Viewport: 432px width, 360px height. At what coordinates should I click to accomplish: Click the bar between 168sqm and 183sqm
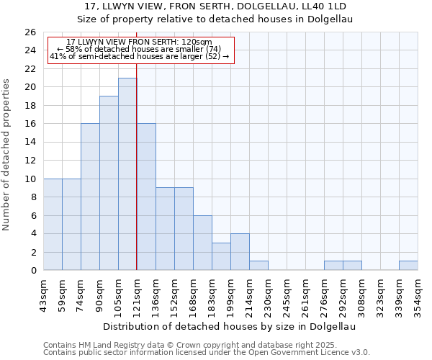coord(202,243)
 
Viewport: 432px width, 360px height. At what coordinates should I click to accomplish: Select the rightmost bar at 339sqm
coord(408,266)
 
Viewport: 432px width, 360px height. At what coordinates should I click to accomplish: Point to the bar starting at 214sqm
coord(258,266)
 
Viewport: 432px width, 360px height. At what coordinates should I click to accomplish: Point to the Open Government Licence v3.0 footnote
coord(207,353)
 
